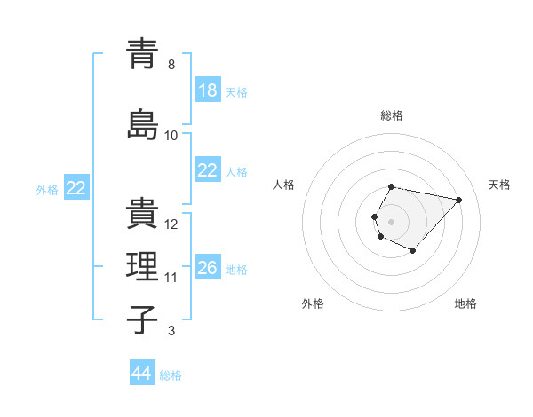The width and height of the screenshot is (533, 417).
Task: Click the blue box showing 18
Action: [x=208, y=91]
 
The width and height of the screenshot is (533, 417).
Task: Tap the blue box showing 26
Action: [x=208, y=268]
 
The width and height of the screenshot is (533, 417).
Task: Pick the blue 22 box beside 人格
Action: [x=208, y=170]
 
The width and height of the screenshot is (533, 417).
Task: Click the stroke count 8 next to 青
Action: [x=171, y=65]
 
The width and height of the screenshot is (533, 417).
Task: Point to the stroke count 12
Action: [x=172, y=224]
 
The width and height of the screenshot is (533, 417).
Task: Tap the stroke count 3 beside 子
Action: [x=171, y=331]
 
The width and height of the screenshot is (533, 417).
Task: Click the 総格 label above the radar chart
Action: [x=392, y=115]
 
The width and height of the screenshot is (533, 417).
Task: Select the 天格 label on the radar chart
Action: [x=499, y=185]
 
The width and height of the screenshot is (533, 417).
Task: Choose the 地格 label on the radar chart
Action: [x=465, y=303]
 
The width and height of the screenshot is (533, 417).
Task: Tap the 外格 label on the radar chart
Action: [x=313, y=303]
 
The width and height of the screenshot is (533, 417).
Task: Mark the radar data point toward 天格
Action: [x=458, y=200]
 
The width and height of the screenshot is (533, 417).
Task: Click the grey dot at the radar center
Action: [x=391, y=221]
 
